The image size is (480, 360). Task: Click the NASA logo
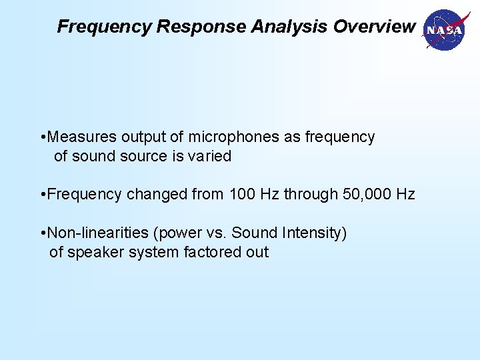(443, 30)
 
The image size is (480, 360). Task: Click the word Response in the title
(201, 27)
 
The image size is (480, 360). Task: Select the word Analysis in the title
(289, 27)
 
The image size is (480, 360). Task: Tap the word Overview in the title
(374, 27)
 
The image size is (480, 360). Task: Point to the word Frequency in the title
(105, 27)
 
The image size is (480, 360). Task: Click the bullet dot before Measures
(43, 138)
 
